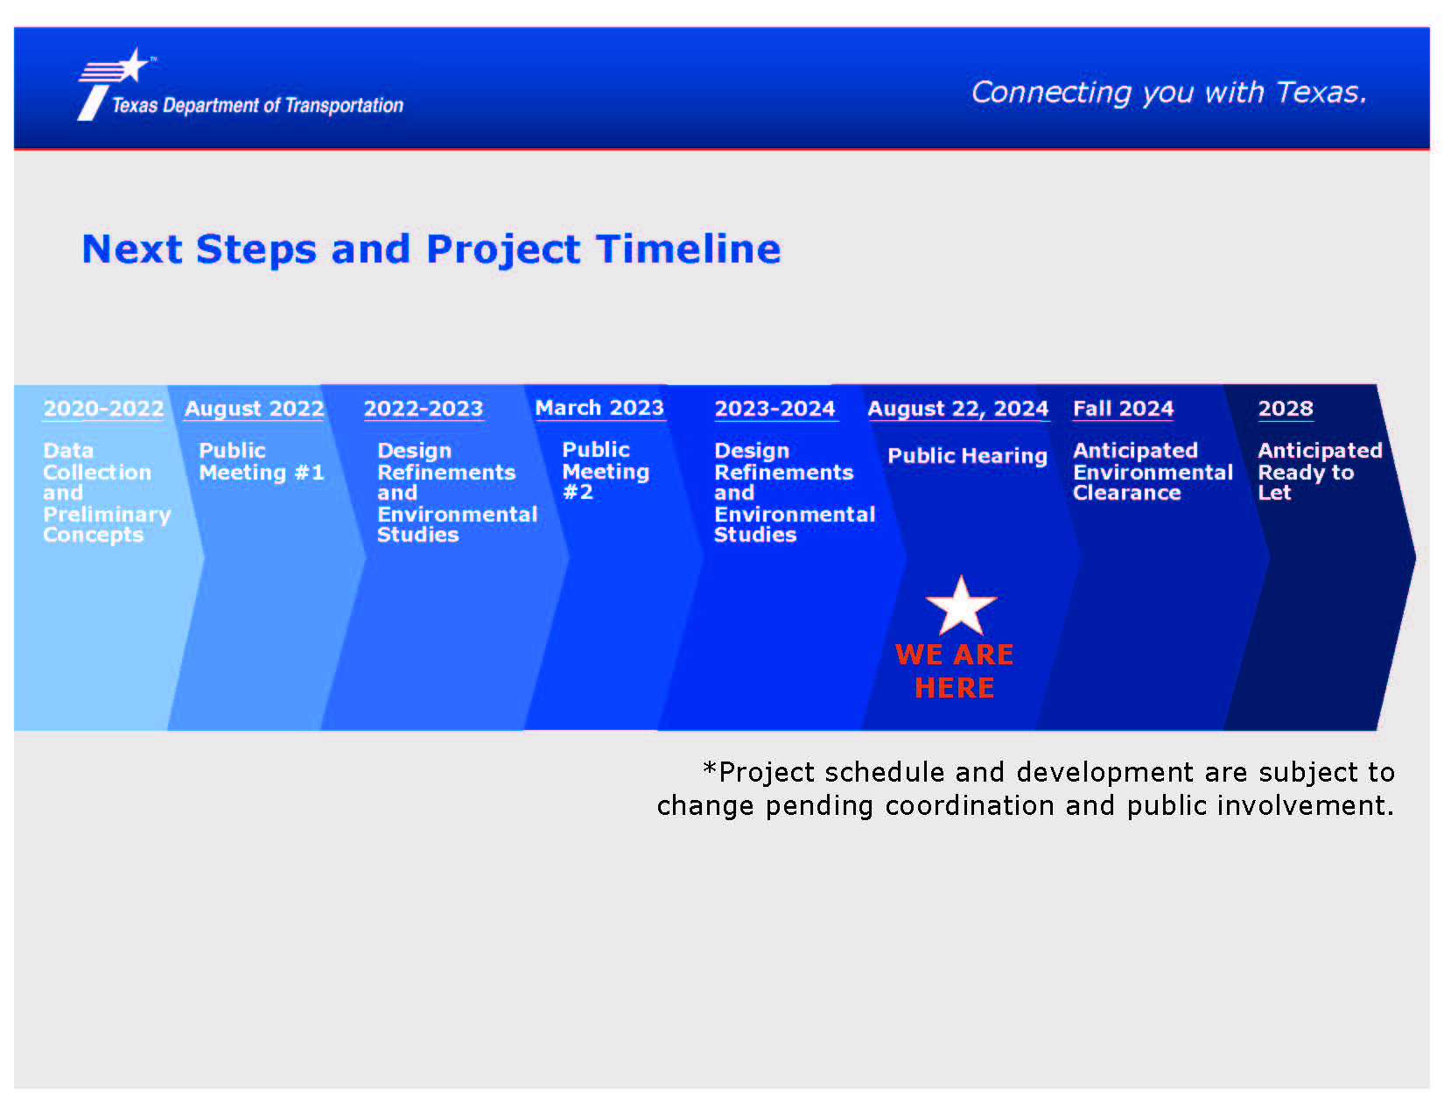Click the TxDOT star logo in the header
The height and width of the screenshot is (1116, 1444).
[113, 83]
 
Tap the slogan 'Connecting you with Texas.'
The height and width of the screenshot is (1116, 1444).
[1168, 93]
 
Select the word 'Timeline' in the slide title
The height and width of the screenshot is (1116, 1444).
[688, 249]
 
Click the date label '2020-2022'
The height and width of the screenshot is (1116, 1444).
[103, 408]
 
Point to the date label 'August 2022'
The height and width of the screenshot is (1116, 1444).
[254, 408]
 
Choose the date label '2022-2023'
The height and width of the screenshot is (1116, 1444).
[424, 408]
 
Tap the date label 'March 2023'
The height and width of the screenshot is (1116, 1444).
[599, 408]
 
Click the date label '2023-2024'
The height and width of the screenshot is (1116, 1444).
[775, 408]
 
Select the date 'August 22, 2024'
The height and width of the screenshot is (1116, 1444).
[957, 408]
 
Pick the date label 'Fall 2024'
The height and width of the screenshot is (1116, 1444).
[1123, 408]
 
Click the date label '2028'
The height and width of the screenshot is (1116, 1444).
[1286, 408]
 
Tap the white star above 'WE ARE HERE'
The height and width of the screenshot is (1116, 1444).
[961, 607]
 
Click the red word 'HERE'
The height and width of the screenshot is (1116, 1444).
[954, 688]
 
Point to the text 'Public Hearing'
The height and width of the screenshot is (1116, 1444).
[967, 456]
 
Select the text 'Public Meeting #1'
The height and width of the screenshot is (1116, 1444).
[261, 461]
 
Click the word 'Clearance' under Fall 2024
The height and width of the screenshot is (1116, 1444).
[1126, 493]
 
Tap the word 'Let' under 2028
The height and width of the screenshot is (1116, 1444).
[1274, 493]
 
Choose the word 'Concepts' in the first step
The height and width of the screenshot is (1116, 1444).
[93, 535]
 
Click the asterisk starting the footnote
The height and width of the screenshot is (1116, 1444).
[710, 769]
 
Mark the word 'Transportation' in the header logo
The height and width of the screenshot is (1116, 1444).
[344, 106]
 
